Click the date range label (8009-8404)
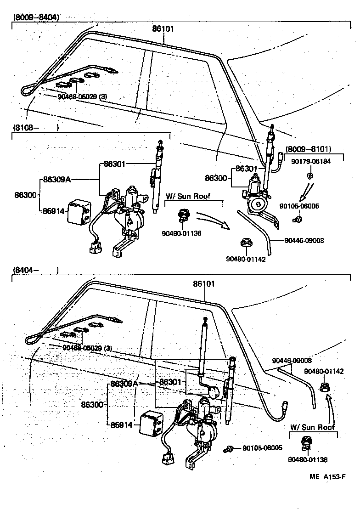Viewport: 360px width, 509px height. (36, 18)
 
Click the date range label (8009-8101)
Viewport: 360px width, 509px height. (315, 149)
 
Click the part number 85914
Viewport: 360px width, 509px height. (53, 212)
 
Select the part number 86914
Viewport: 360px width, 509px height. (122, 425)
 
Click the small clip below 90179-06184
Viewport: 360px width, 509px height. (311, 175)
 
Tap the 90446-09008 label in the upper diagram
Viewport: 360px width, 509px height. (304, 240)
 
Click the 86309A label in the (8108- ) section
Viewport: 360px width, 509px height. (57, 180)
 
